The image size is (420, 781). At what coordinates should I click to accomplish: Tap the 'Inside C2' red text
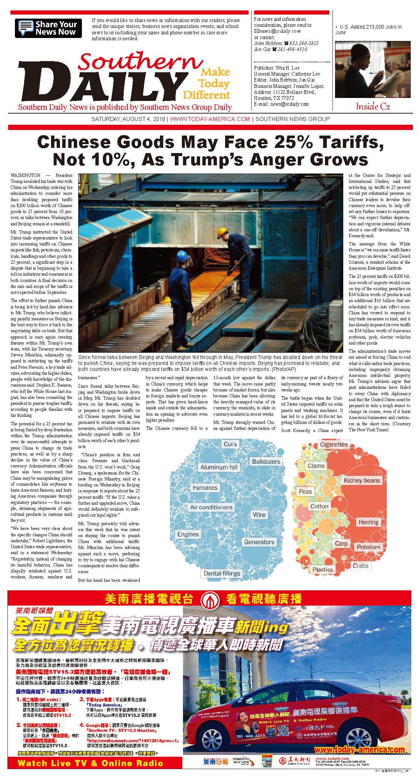[x=373, y=107]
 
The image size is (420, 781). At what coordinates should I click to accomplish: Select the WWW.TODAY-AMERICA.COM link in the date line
[x=210, y=119]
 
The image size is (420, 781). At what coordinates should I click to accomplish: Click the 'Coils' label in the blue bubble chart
[x=230, y=444]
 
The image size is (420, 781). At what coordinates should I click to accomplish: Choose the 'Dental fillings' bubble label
[x=222, y=573]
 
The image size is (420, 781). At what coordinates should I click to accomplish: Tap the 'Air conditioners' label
[x=211, y=507]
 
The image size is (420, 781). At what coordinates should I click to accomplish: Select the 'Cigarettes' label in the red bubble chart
[x=334, y=444]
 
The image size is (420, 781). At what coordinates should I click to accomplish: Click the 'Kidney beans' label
[x=361, y=480]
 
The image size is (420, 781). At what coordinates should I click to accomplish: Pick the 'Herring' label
[x=368, y=522]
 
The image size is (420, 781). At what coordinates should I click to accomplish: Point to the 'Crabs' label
[x=360, y=566]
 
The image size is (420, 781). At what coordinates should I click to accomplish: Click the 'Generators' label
[x=259, y=542]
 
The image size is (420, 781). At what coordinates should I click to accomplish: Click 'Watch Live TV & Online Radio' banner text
[x=91, y=763]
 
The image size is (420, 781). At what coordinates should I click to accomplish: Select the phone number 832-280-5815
[x=304, y=43]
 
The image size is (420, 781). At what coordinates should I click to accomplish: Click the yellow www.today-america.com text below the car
[x=359, y=750]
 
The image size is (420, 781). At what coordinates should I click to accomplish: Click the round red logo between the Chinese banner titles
[x=209, y=599]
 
